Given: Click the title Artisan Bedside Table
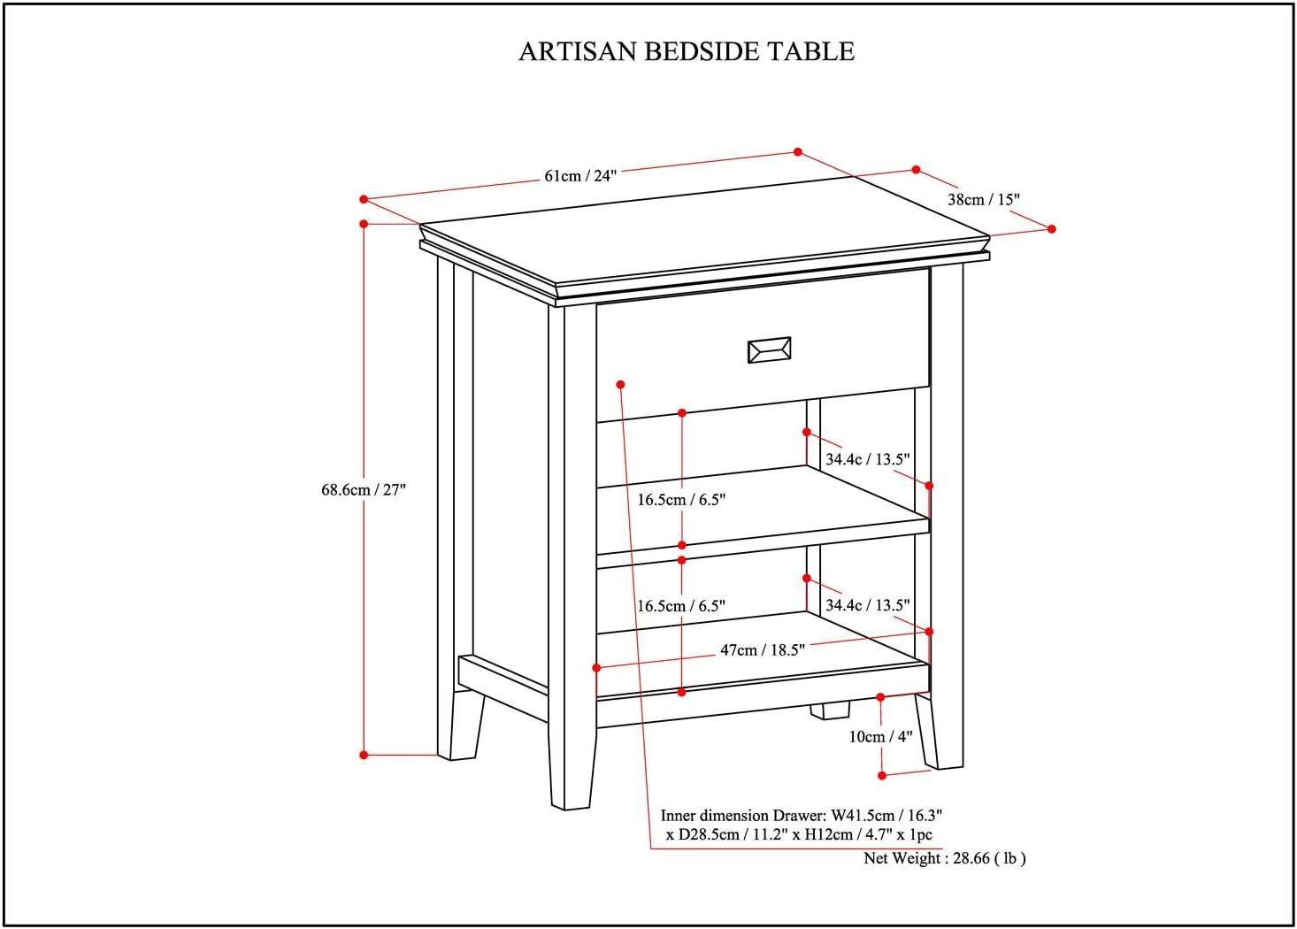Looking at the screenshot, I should coord(686,51).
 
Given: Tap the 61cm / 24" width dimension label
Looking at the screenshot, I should coord(579,175).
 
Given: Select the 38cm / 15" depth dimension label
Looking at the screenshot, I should coord(983,199).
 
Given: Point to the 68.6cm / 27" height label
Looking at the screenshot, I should coord(363,489).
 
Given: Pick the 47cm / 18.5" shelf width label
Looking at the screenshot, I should coord(762,650).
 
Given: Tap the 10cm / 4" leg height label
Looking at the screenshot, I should coord(880,736).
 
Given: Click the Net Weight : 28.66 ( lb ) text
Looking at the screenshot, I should coord(944,857).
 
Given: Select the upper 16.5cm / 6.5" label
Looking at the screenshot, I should coord(681,500).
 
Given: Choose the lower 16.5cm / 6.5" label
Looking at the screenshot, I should coord(681,606).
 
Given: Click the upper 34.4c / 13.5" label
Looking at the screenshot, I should coord(867,459).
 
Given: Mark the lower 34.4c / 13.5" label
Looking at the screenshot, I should coord(867,605).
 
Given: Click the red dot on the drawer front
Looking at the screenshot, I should coord(621,384).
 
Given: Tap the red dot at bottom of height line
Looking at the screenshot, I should coord(364,755).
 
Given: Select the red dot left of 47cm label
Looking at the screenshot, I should coord(597,668).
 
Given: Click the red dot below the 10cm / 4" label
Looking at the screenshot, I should coord(882,775).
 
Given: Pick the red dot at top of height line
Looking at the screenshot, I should coord(364,224).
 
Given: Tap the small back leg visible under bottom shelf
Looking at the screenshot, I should coord(831,710).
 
